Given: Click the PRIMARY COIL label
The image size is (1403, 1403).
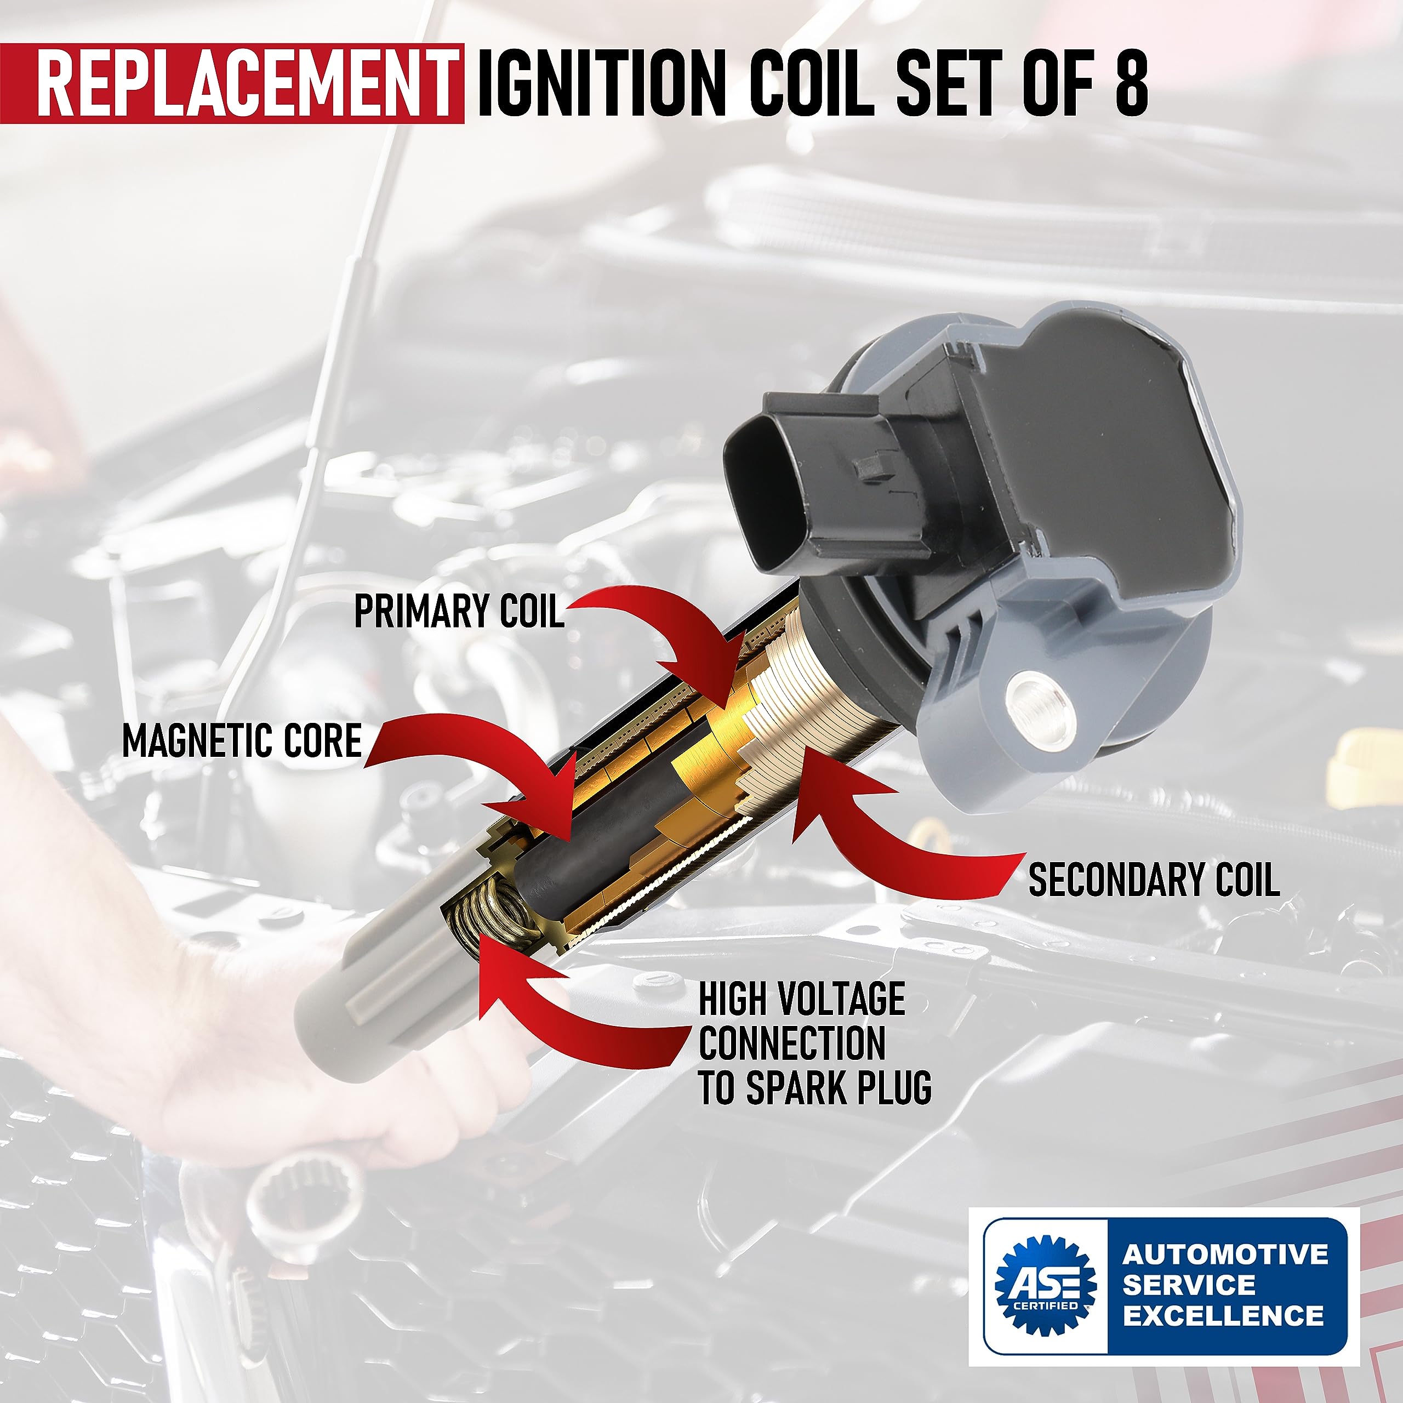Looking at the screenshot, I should click(x=459, y=612).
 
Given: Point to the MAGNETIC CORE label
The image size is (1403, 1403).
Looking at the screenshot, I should click(x=242, y=741).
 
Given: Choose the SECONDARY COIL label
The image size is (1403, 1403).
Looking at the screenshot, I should click(x=1153, y=880).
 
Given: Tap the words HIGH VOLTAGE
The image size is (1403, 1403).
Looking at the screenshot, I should click(x=802, y=999).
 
